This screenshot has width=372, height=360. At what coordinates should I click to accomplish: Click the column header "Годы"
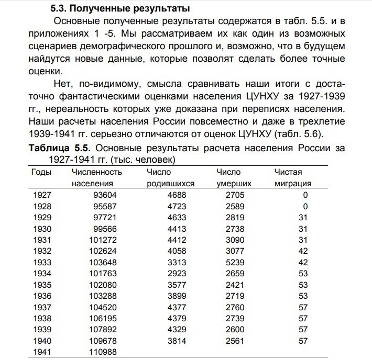point(41,172)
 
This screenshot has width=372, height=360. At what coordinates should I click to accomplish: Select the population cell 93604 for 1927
point(107,195)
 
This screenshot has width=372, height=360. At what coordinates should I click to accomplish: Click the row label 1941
point(42,352)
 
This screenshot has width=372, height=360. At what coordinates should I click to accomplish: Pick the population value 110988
point(106,352)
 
